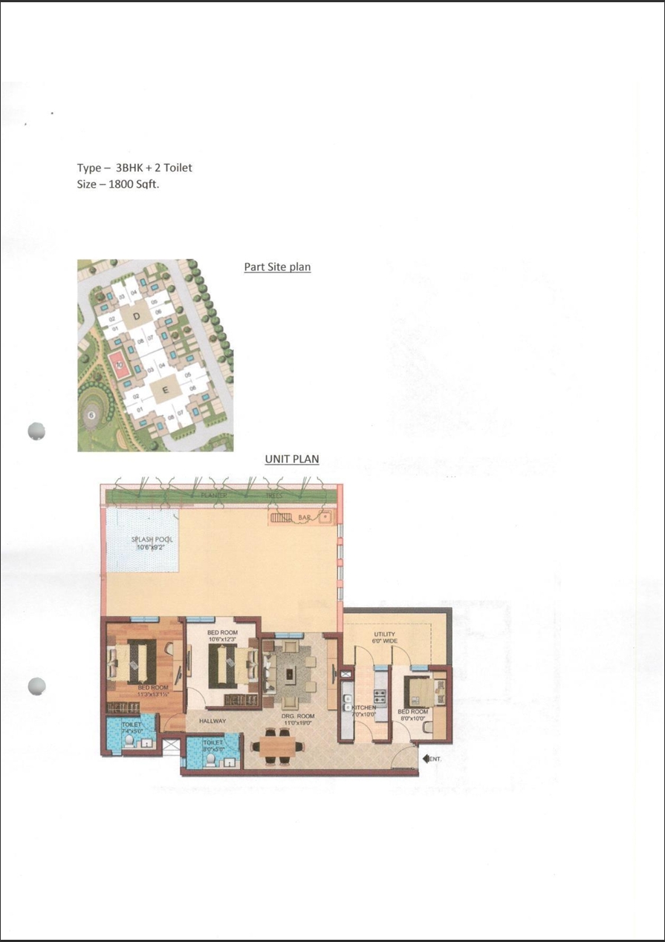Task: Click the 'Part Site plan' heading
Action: [277, 266]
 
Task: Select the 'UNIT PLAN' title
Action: [292, 459]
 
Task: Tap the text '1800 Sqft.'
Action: [134, 183]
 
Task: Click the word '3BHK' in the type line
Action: [132, 168]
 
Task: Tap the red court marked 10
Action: [119, 364]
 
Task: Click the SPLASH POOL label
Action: [152, 540]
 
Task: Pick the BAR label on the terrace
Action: [303, 517]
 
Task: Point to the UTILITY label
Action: [384, 635]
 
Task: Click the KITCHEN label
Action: [365, 707]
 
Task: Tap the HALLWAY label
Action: [212, 721]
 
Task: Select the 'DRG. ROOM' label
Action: [296, 716]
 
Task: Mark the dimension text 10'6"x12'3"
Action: [221, 639]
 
